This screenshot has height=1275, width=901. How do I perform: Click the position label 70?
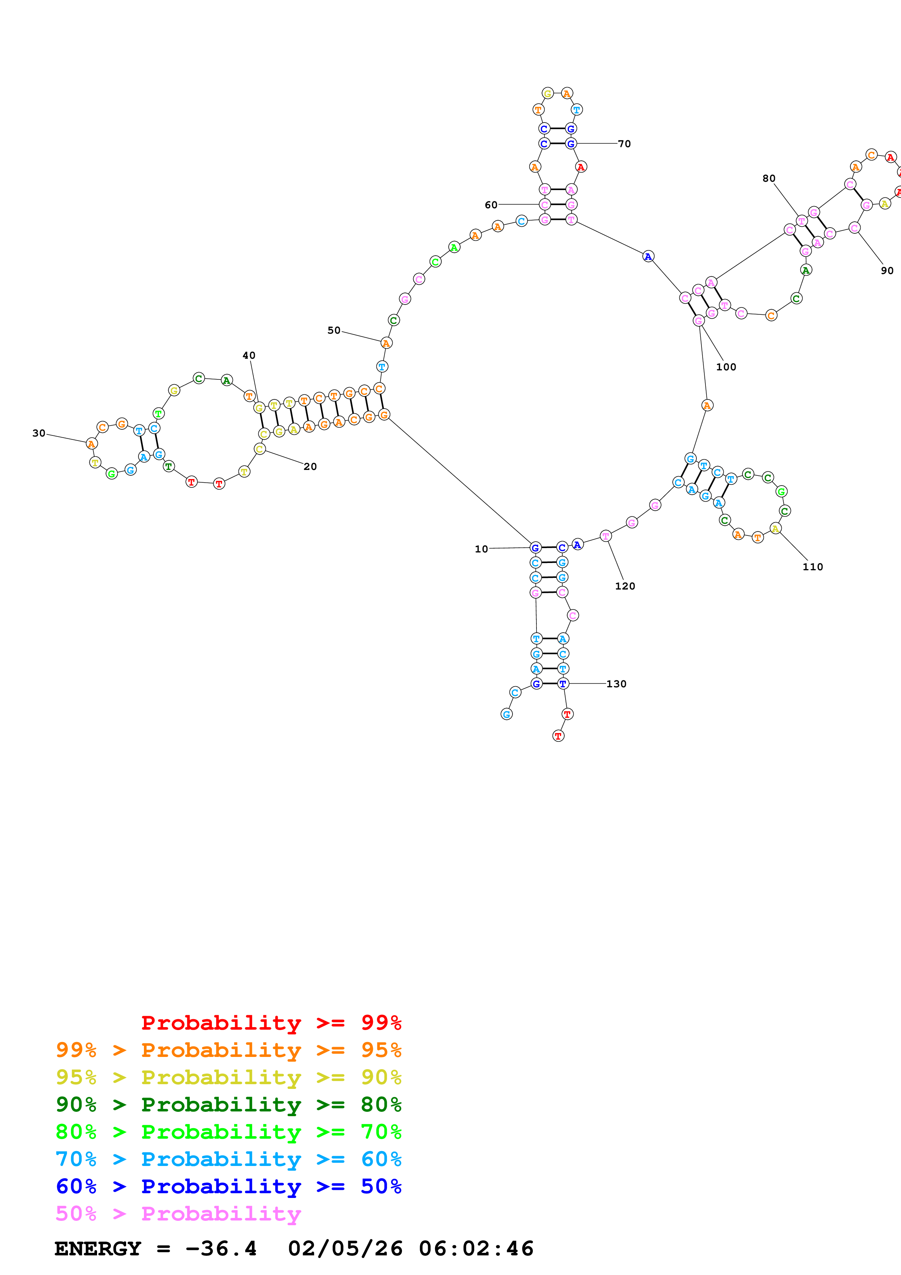pyautogui.click(x=624, y=144)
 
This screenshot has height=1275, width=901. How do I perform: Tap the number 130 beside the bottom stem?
pyautogui.click(x=616, y=684)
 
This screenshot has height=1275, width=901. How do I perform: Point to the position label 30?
pyautogui.click(x=39, y=433)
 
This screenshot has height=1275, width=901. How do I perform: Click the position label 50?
pyautogui.click(x=334, y=330)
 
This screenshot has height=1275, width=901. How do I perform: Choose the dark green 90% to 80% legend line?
pyautogui.click(x=229, y=1105)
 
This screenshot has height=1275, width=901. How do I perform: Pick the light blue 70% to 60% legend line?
pyautogui.click(x=229, y=1159)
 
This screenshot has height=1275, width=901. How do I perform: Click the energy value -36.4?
pyautogui.click(x=221, y=1249)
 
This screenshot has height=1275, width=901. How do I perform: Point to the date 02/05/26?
pyautogui.click(x=345, y=1249)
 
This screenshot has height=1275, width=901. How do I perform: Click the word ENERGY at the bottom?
pyautogui.click(x=98, y=1249)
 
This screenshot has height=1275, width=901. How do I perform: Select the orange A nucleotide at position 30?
pyautogui.click(x=92, y=444)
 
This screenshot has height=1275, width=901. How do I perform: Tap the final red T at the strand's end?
pyautogui.click(x=559, y=736)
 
